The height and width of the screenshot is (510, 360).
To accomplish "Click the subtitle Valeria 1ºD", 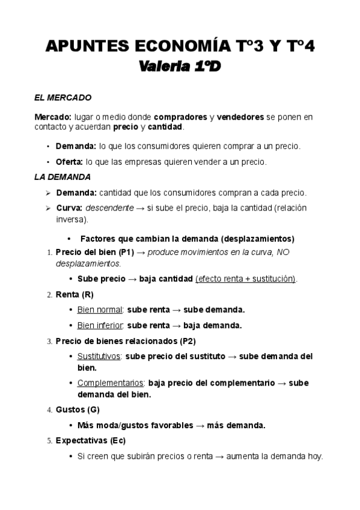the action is click(x=180, y=68).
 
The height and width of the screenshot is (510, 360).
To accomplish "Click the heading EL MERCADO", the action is click(x=63, y=97).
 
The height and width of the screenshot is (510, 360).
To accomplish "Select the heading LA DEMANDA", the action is click(x=63, y=177).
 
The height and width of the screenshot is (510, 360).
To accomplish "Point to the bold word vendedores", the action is click(x=240, y=117).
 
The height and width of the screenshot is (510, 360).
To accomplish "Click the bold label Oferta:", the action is click(x=70, y=162).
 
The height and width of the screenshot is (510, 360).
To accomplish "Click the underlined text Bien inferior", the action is click(x=100, y=325).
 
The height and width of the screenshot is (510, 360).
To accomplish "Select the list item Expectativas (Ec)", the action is click(x=90, y=440).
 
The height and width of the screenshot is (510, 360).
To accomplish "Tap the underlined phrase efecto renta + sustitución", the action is click(x=246, y=279).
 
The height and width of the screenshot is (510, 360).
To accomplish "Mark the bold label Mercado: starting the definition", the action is click(x=53, y=117).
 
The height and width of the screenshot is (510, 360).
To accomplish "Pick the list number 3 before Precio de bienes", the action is click(x=49, y=341).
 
